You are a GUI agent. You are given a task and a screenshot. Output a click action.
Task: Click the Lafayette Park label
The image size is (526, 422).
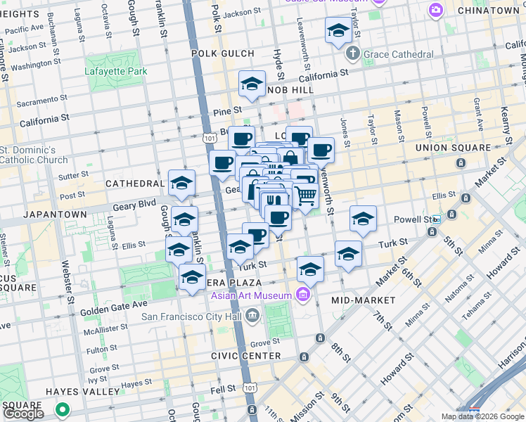click(116, 71)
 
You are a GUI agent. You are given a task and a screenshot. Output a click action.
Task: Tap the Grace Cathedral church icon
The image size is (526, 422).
click(353, 54)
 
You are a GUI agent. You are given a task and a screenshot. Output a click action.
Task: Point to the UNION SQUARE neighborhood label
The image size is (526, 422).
click(453, 148)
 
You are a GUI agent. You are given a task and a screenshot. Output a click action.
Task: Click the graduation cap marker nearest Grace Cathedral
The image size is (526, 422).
click(338, 31)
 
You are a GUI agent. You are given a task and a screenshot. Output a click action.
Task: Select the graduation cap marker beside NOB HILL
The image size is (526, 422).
click(252, 84)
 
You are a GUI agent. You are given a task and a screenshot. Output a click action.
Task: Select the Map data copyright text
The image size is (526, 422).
click(482, 416)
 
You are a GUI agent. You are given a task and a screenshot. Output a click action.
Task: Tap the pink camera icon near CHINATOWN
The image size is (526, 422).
click(436, 9)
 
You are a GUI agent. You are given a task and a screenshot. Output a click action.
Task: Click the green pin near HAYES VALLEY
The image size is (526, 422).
click(63, 409)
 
